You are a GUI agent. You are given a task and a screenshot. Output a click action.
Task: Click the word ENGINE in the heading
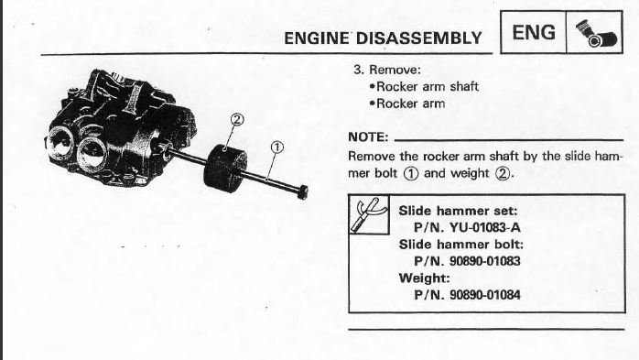tap(317, 38)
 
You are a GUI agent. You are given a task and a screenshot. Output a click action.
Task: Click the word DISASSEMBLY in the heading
tap(419, 38)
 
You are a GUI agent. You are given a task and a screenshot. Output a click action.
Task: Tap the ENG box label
tap(534, 33)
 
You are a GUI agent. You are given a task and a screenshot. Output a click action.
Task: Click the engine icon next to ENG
tap(596, 33)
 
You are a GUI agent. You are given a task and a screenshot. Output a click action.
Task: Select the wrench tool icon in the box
tap(368, 214)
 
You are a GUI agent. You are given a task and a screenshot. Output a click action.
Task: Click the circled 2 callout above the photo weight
tap(237, 119)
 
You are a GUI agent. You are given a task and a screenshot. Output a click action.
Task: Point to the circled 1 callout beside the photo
tap(276, 147)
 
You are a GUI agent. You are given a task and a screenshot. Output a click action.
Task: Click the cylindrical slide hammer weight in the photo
tap(225, 168)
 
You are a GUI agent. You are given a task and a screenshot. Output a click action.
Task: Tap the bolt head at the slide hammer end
tap(302, 192)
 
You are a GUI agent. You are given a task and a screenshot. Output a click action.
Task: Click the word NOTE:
tap(368, 137)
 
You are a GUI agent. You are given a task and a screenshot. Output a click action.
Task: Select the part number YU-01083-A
tap(484, 227)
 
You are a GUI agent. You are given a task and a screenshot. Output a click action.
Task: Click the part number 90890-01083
tap(484, 261)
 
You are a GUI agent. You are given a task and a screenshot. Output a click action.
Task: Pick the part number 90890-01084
tap(484, 295)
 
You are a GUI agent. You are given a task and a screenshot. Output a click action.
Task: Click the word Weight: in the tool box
tap(424, 278)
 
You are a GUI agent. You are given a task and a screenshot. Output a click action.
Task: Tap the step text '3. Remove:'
tap(386, 70)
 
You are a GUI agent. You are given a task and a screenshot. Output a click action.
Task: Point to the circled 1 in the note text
tap(411, 174)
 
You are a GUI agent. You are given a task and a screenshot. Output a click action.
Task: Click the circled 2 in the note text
tap(502, 174)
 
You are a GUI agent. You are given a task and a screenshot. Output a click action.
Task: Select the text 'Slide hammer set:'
tap(458, 211)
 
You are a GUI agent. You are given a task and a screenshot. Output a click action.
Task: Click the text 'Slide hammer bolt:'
tap(460, 245)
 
